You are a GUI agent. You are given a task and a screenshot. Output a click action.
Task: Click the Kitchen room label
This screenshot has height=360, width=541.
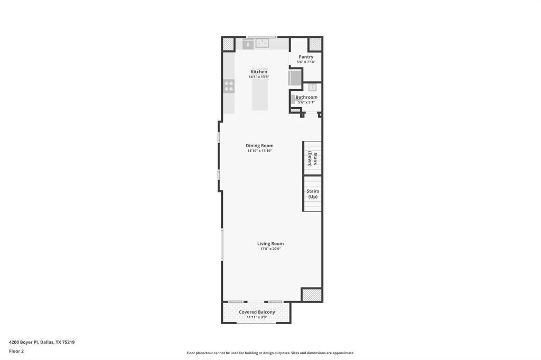tap(259, 72)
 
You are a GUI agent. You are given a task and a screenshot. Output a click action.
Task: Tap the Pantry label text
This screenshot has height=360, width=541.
tap(306, 57)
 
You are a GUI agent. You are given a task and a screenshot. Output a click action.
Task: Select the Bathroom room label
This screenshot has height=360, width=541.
tap(306, 97)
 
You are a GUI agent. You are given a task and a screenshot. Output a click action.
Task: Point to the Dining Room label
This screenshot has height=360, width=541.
tap(259, 146)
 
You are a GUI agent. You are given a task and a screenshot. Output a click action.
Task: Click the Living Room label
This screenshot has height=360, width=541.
tap(270, 244)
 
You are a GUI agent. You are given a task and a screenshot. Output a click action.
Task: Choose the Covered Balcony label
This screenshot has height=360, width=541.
tap(257, 312)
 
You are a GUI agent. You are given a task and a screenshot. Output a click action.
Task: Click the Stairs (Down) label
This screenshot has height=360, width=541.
tap(313, 159)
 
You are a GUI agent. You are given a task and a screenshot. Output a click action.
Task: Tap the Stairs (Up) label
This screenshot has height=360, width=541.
tap(313, 194)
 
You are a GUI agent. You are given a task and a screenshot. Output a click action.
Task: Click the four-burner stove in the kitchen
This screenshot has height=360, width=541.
tap(229, 86)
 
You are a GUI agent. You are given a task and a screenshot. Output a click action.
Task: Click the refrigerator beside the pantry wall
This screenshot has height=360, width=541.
tap(294, 78)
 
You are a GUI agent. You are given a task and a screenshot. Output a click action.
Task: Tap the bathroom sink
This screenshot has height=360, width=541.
tap(312, 87)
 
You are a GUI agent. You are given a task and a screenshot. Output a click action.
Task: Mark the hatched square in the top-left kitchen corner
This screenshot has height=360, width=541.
tap(228, 44)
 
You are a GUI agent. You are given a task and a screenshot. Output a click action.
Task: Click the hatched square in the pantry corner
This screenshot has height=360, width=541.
tap(315, 44)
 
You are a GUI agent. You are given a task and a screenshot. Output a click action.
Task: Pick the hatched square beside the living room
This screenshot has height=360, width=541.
tap(312, 295)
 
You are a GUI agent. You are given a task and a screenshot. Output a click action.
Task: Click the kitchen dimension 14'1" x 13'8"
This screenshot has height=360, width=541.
tap(259, 77)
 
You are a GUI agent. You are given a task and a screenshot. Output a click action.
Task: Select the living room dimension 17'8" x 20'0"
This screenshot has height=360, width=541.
tap(270, 249)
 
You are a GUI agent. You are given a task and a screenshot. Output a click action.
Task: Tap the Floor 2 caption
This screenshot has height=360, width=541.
tap(16, 351)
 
